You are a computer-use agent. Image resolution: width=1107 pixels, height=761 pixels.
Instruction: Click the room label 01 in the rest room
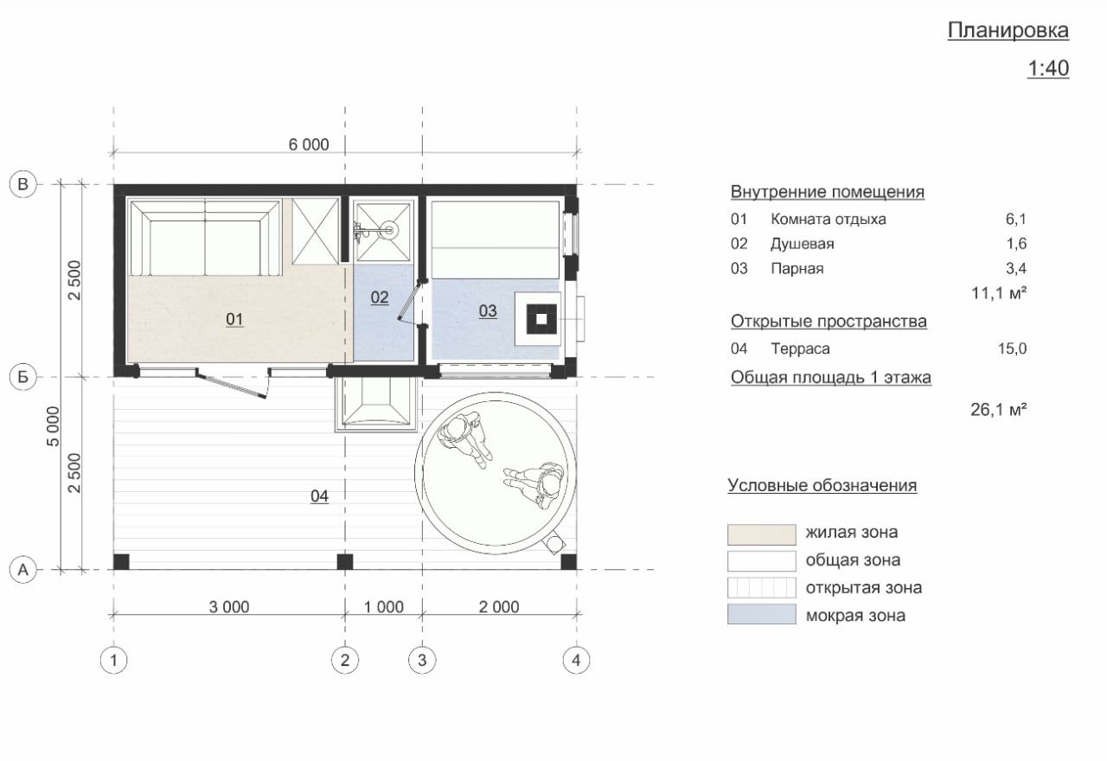click(234, 319)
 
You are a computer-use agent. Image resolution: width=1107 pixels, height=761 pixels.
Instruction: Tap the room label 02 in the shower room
click(380, 297)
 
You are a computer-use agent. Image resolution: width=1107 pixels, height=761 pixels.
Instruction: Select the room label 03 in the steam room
click(488, 310)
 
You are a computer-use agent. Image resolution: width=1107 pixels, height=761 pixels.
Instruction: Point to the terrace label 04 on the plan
click(319, 496)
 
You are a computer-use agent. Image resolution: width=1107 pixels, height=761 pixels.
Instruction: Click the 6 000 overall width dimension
click(309, 144)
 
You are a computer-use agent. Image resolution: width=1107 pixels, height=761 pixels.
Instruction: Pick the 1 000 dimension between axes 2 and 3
click(384, 607)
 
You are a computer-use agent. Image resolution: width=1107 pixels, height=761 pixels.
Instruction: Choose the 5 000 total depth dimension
click(53, 426)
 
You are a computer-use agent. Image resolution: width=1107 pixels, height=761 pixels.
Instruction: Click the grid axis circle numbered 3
click(422, 660)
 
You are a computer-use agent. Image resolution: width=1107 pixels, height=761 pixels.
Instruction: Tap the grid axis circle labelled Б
click(23, 377)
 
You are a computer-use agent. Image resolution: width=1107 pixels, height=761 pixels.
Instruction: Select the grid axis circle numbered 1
click(113, 660)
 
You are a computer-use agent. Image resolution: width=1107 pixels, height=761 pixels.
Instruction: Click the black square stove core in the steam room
click(541, 319)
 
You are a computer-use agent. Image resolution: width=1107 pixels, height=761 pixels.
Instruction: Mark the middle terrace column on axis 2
click(345, 562)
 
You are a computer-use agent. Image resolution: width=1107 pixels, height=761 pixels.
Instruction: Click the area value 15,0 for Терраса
click(1012, 349)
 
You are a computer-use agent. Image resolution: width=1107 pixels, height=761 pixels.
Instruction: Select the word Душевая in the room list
click(802, 244)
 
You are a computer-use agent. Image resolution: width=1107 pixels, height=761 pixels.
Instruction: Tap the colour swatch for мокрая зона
click(762, 614)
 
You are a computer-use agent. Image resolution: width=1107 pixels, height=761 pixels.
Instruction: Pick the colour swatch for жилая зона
click(762, 534)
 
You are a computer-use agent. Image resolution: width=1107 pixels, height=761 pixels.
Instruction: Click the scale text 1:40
click(1048, 68)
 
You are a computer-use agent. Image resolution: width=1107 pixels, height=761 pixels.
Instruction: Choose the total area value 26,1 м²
click(999, 410)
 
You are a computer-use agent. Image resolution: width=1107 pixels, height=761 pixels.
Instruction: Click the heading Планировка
click(1008, 31)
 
